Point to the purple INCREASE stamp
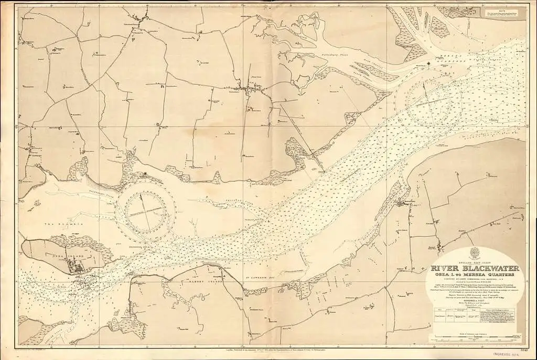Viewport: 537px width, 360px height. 505,355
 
